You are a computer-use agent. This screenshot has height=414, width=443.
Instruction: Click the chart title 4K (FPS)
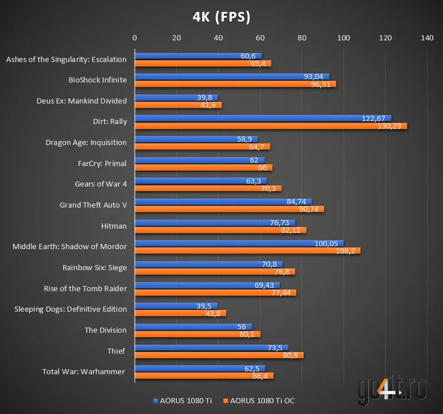tap(222, 17)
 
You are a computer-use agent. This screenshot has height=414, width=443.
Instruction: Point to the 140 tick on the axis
tap(427, 38)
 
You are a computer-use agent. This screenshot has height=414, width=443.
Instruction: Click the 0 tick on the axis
tap(135, 38)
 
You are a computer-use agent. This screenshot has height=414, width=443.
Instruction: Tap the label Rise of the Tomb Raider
tap(85, 288)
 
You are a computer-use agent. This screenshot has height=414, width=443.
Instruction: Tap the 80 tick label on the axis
tap(302, 38)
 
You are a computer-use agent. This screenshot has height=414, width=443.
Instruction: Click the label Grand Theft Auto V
tap(93, 205)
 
